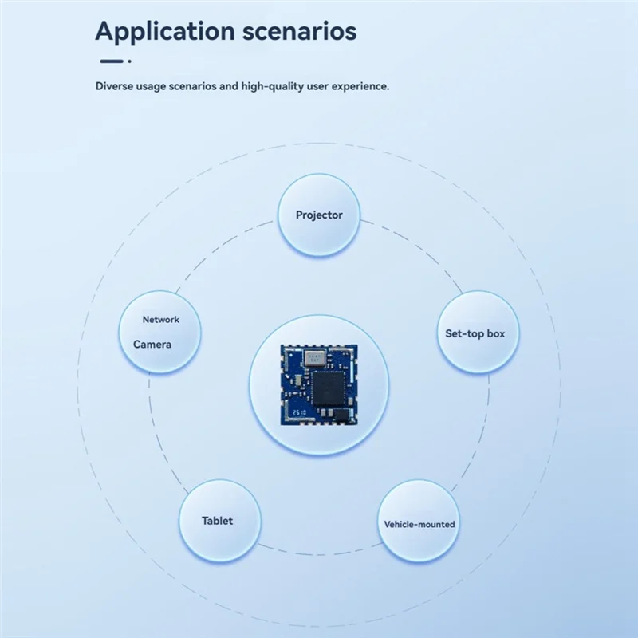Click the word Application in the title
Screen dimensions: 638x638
[x=165, y=32]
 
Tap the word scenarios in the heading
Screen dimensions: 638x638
[x=300, y=31]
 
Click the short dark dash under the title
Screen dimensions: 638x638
[x=112, y=61]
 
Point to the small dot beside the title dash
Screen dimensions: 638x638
[x=129, y=61]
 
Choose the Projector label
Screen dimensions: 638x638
[x=319, y=215]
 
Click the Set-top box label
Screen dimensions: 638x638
[x=475, y=334]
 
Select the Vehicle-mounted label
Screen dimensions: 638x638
[x=419, y=524]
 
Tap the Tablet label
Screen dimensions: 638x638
[x=217, y=521]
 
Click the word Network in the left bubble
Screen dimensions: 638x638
[x=161, y=320]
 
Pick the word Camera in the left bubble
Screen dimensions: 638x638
[x=152, y=345]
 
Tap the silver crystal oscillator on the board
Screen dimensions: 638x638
[x=315, y=358]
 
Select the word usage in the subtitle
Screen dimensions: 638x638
[x=151, y=87]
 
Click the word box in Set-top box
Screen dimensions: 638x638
[x=496, y=333]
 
